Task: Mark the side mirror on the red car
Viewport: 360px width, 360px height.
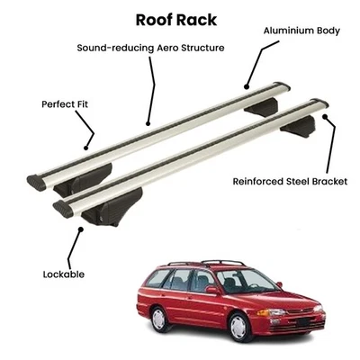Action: [212, 290]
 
